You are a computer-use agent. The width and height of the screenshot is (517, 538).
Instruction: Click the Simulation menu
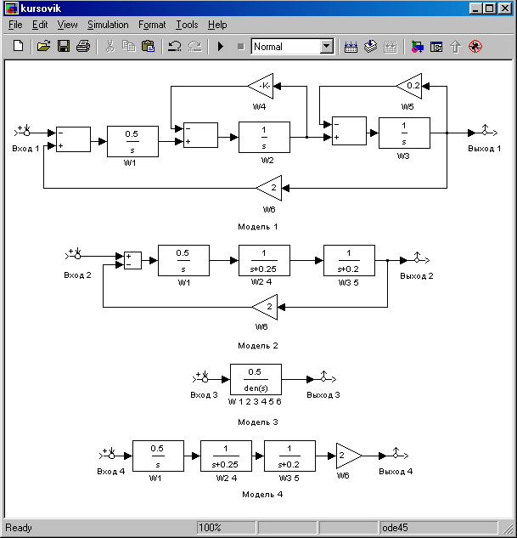click(108, 25)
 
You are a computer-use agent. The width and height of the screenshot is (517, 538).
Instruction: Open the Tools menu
click(187, 25)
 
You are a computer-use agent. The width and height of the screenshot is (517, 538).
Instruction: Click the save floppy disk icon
click(64, 46)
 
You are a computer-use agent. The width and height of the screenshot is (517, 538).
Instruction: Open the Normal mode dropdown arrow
click(327, 46)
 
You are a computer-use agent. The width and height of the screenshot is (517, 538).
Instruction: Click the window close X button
click(505, 8)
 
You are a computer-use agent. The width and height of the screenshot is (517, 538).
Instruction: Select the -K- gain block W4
click(261, 86)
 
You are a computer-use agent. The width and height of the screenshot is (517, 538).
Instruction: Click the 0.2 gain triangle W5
click(409, 86)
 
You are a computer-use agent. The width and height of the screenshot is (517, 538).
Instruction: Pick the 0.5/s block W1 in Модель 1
click(132, 141)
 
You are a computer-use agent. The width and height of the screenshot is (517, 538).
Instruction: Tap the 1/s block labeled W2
click(264, 137)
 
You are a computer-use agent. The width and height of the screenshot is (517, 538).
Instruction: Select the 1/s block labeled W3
click(404, 133)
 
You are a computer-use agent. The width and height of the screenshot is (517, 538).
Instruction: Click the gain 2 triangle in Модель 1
click(269, 188)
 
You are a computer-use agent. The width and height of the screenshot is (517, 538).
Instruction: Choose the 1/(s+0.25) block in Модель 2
click(264, 260)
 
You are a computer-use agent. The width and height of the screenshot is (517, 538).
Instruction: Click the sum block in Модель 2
click(132, 260)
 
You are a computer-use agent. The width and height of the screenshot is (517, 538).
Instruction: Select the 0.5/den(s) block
click(256, 379)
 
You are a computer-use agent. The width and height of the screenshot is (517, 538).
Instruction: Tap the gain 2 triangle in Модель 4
click(349, 456)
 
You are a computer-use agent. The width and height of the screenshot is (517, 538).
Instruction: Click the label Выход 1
click(485, 149)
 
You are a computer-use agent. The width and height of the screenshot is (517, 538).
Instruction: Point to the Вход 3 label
click(204, 395)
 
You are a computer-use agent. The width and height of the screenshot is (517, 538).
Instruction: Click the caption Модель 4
click(262, 495)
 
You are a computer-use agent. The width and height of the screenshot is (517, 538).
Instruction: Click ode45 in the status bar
click(395, 527)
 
